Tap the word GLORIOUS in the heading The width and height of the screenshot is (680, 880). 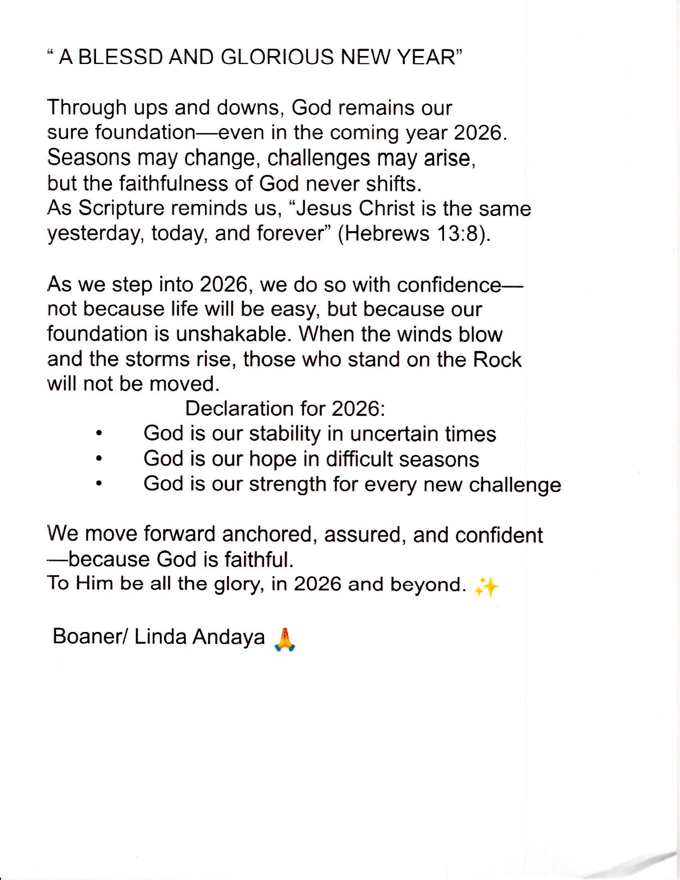click(x=277, y=57)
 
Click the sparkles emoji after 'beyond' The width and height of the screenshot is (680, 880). click(x=486, y=587)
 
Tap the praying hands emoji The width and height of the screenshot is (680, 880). click(x=284, y=640)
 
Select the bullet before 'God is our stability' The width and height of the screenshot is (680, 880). click(x=99, y=434)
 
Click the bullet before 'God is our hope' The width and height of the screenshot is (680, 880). click(x=99, y=458)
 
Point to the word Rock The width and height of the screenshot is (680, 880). click(x=497, y=360)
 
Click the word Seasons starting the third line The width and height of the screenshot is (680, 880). click(x=89, y=158)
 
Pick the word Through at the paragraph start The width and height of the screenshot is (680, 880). click(x=87, y=108)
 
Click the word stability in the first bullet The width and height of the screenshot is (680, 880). click(x=284, y=434)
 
